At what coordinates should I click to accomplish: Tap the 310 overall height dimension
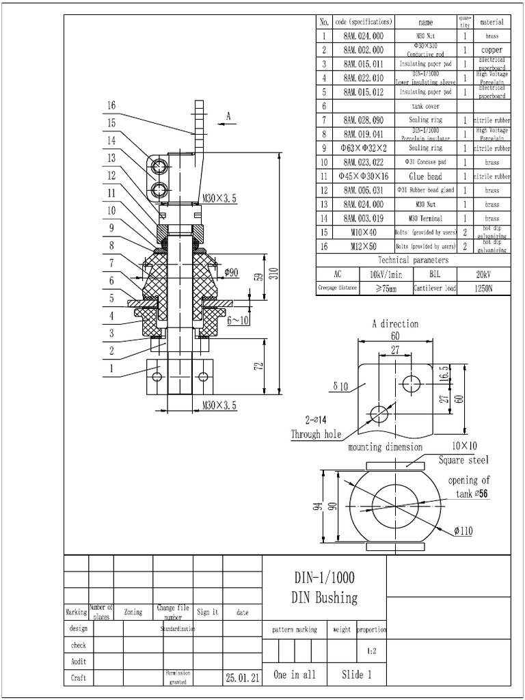coord(273,273)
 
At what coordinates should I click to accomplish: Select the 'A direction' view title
coord(394,324)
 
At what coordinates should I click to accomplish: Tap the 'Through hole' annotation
coord(316,434)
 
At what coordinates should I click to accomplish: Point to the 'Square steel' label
coord(464,460)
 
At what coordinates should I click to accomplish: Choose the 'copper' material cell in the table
coord(492,50)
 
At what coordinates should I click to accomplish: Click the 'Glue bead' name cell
coord(425,176)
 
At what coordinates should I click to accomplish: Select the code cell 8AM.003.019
coord(363,219)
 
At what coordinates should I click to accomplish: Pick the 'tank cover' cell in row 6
coord(425,106)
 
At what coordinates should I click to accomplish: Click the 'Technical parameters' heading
coord(414,260)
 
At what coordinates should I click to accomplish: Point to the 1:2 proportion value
coord(372,651)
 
